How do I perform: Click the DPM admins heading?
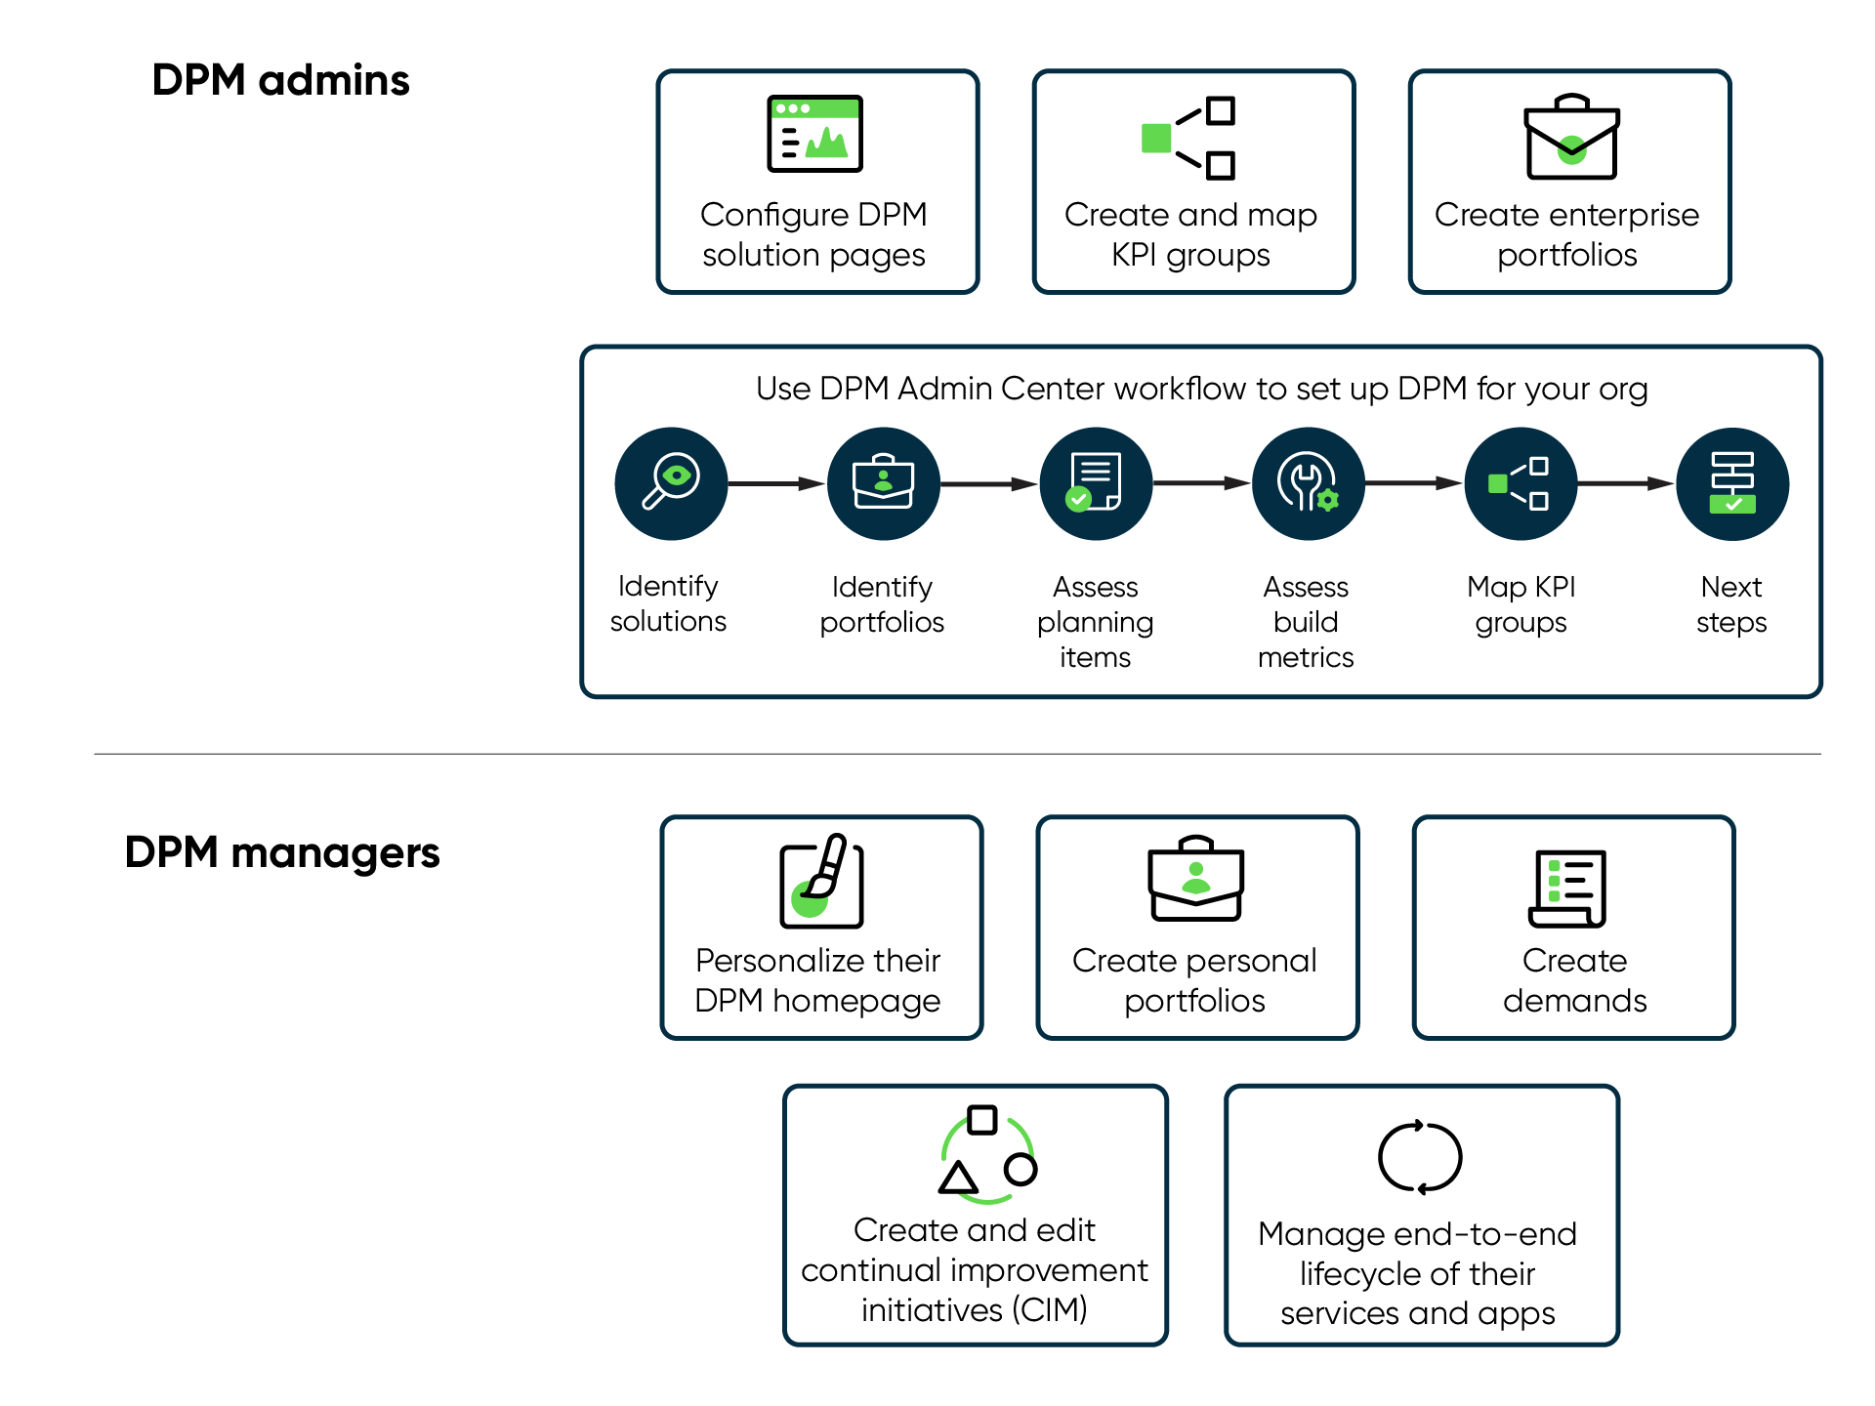point(280,80)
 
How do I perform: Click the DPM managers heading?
point(282,853)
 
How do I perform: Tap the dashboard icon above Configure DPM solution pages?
point(814,134)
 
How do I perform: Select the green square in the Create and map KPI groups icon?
point(1156,139)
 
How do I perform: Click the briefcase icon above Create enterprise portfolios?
point(1571,137)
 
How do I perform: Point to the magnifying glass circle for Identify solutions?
point(671,483)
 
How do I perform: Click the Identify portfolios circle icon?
point(883,483)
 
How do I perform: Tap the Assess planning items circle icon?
point(1096,483)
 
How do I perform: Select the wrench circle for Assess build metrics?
point(1308,483)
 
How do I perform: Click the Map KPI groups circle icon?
point(1521,483)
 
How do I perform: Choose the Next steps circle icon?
point(1732,483)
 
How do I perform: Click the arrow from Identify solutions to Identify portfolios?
point(776,483)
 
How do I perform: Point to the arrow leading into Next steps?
point(1626,483)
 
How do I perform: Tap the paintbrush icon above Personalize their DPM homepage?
point(821,880)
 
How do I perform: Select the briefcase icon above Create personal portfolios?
point(1195,878)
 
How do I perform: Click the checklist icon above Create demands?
point(1567,889)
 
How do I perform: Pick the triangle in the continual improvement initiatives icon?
point(958,1179)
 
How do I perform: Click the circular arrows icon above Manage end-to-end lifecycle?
point(1420,1157)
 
